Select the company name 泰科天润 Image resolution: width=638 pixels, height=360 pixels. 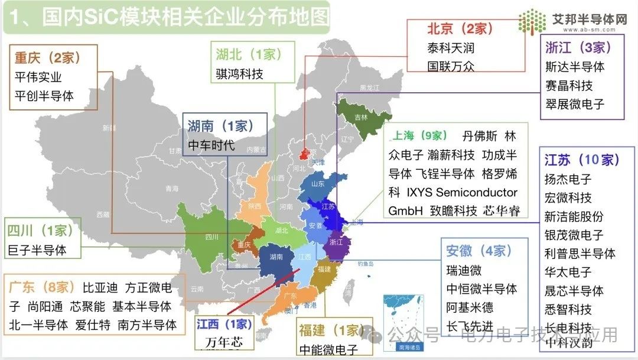tap(451, 47)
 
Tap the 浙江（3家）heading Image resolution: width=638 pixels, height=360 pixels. tap(578, 47)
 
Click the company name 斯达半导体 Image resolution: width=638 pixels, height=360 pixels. tap(575, 67)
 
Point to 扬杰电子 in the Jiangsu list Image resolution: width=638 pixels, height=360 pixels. tap(568, 179)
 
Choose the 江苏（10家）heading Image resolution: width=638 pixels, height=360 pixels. tap(582, 160)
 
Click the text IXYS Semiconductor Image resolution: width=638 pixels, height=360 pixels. tap(462, 193)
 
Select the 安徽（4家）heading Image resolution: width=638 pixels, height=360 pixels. tap(479, 251)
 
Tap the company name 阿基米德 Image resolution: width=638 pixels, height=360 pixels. tap(470, 307)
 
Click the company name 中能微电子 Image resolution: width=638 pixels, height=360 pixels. tap(328, 349)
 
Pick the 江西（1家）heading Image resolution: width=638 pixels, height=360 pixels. tap(224, 323)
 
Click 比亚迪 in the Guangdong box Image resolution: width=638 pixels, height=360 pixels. tap(100, 288)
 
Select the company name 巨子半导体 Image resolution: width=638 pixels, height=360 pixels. tap(37, 249)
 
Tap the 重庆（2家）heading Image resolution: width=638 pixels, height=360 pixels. tap(47, 58)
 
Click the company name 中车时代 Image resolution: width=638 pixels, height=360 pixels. tap(211, 145)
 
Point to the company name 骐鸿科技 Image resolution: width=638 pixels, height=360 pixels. tap(240, 74)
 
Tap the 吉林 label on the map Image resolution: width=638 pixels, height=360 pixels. tap(360, 117)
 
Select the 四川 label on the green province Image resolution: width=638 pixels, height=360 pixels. tap(211, 237)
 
